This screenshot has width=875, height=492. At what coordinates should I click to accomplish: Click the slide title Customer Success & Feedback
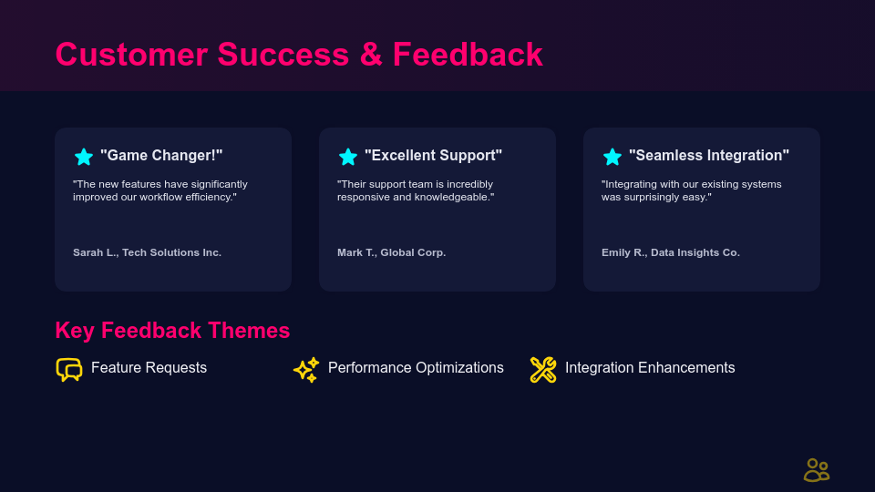[299, 55]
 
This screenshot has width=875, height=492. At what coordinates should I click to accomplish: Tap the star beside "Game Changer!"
[84, 157]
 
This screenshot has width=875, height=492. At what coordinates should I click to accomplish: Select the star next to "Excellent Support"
[347, 157]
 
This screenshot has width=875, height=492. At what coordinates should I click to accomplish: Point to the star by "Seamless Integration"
[612, 157]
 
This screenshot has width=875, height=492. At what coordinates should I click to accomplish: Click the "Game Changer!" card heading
[161, 155]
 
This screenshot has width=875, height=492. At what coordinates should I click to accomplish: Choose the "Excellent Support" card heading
[433, 155]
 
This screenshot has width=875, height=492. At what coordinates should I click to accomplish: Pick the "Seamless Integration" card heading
[709, 155]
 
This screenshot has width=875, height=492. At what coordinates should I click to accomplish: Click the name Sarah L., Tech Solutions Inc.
[148, 252]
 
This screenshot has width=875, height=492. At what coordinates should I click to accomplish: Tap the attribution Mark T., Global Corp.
[391, 252]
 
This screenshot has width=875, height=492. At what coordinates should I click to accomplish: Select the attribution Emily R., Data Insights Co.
[671, 252]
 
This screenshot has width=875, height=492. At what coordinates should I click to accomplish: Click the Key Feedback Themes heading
[172, 330]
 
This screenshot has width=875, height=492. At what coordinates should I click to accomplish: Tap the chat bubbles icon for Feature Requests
[69, 369]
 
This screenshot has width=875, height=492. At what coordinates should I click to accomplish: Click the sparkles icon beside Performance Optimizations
[306, 369]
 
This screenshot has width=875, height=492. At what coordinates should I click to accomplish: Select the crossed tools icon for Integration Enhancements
[543, 369]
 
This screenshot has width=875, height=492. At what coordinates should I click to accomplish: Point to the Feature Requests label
[149, 367]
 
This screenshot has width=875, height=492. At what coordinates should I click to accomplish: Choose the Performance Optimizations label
[416, 367]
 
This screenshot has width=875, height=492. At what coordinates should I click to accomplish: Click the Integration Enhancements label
[650, 367]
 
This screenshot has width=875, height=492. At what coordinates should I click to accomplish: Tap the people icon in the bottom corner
[817, 470]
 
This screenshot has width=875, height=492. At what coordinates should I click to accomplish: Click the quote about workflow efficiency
[160, 190]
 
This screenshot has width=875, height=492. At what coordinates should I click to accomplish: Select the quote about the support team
[416, 190]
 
